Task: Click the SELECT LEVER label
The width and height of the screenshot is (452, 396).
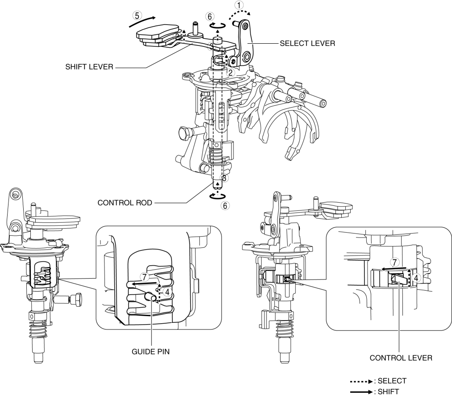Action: tap(307, 43)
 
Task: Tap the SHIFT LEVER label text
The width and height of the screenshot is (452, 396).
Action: tap(89, 67)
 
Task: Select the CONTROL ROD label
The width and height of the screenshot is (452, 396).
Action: tap(125, 203)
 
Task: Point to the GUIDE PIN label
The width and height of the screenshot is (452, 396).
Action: tap(151, 352)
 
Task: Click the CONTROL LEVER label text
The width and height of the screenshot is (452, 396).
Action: tap(401, 358)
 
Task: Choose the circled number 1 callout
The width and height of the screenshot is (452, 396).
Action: tap(239, 5)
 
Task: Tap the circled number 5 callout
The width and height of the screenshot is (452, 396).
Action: tap(137, 15)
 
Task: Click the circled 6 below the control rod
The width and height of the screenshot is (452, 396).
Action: tap(225, 205)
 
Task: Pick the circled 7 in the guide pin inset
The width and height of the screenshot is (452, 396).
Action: tap(145, 277)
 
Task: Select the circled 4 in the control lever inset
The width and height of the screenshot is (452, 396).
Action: tap(415, 278)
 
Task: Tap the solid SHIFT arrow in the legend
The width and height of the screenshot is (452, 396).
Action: tap(361, 392)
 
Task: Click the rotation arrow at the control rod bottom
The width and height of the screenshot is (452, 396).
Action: tap(218, 196)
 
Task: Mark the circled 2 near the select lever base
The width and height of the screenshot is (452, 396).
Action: tap(230, 72)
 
